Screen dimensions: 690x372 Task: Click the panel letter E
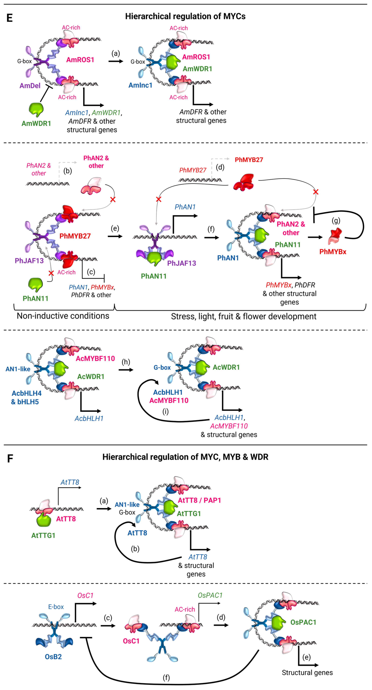(9, 18)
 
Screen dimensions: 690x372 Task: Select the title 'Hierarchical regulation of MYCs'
(185, 16)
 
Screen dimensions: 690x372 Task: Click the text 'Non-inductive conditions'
(63, 316)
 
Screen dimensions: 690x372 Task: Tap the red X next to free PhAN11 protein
(51, 273)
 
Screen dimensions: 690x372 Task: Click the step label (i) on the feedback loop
(165, 411)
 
